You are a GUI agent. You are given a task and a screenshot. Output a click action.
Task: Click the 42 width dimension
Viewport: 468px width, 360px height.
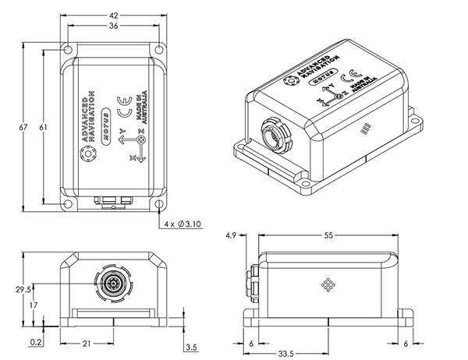[x=114, y=14]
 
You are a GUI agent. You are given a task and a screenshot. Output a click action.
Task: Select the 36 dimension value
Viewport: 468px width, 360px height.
[x=114, y=26]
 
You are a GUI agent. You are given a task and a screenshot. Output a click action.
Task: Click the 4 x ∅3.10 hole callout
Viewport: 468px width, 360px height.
[x=184, y=224]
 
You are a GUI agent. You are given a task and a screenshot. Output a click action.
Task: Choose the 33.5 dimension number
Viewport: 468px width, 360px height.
[x=288, y=353]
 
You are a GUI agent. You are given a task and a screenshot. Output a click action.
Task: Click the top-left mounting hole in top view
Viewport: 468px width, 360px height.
[x=69, y=48]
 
